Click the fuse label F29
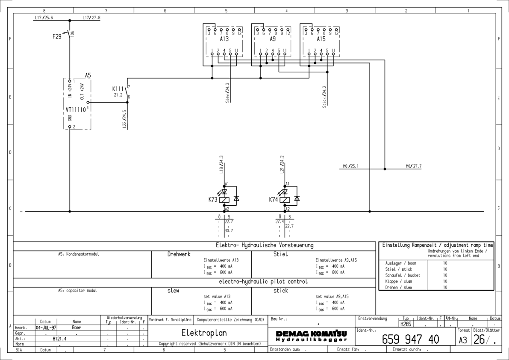tap(57, 37)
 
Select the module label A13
tap(224, 38)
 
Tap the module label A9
tap(273, 38)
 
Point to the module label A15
tap(321, 38)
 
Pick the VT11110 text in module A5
tap(77, 109)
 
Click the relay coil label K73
tap(213, 199)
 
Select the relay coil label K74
tap(274, 199)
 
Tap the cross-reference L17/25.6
tap(43, 18)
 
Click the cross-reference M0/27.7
tap(414, 165)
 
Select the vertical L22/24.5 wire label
tap(124, 119)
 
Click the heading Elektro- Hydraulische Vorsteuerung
tap(265, 245)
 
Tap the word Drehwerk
tap(179, 254)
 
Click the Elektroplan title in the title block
tap(205, 333)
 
